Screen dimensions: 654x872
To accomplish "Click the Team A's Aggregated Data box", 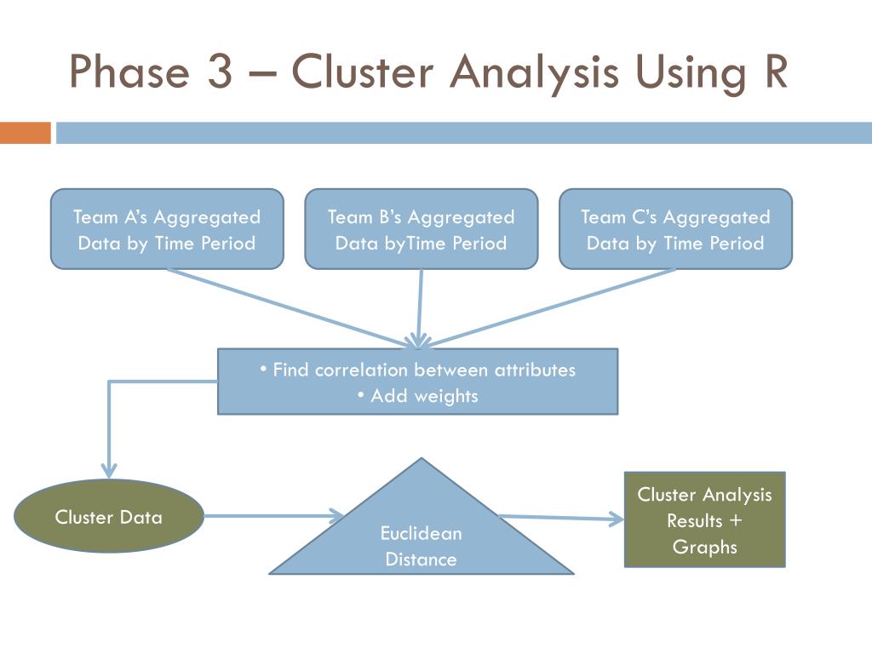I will pos(167,229).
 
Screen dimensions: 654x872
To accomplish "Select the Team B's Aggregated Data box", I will pos(421,229).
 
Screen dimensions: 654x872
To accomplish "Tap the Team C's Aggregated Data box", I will pos(675,229).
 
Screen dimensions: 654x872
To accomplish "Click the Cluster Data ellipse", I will pos(109,516).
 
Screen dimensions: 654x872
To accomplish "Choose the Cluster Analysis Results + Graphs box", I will pos(704,519).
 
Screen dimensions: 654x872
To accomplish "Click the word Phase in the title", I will pos(128,72).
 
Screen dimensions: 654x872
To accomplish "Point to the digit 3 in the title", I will pos(218,72).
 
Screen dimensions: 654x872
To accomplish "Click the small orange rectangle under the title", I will pos(26,133).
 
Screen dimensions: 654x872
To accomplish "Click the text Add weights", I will pos(417,396).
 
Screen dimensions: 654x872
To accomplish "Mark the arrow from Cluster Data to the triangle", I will pos(272,515).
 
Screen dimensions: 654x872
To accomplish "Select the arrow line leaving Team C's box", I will pos(554,307).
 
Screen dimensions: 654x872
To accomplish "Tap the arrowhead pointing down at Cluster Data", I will pos(109,468).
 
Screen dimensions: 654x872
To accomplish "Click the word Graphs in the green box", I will pos(704,547).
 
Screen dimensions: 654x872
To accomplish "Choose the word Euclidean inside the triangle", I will pos(421,534).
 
